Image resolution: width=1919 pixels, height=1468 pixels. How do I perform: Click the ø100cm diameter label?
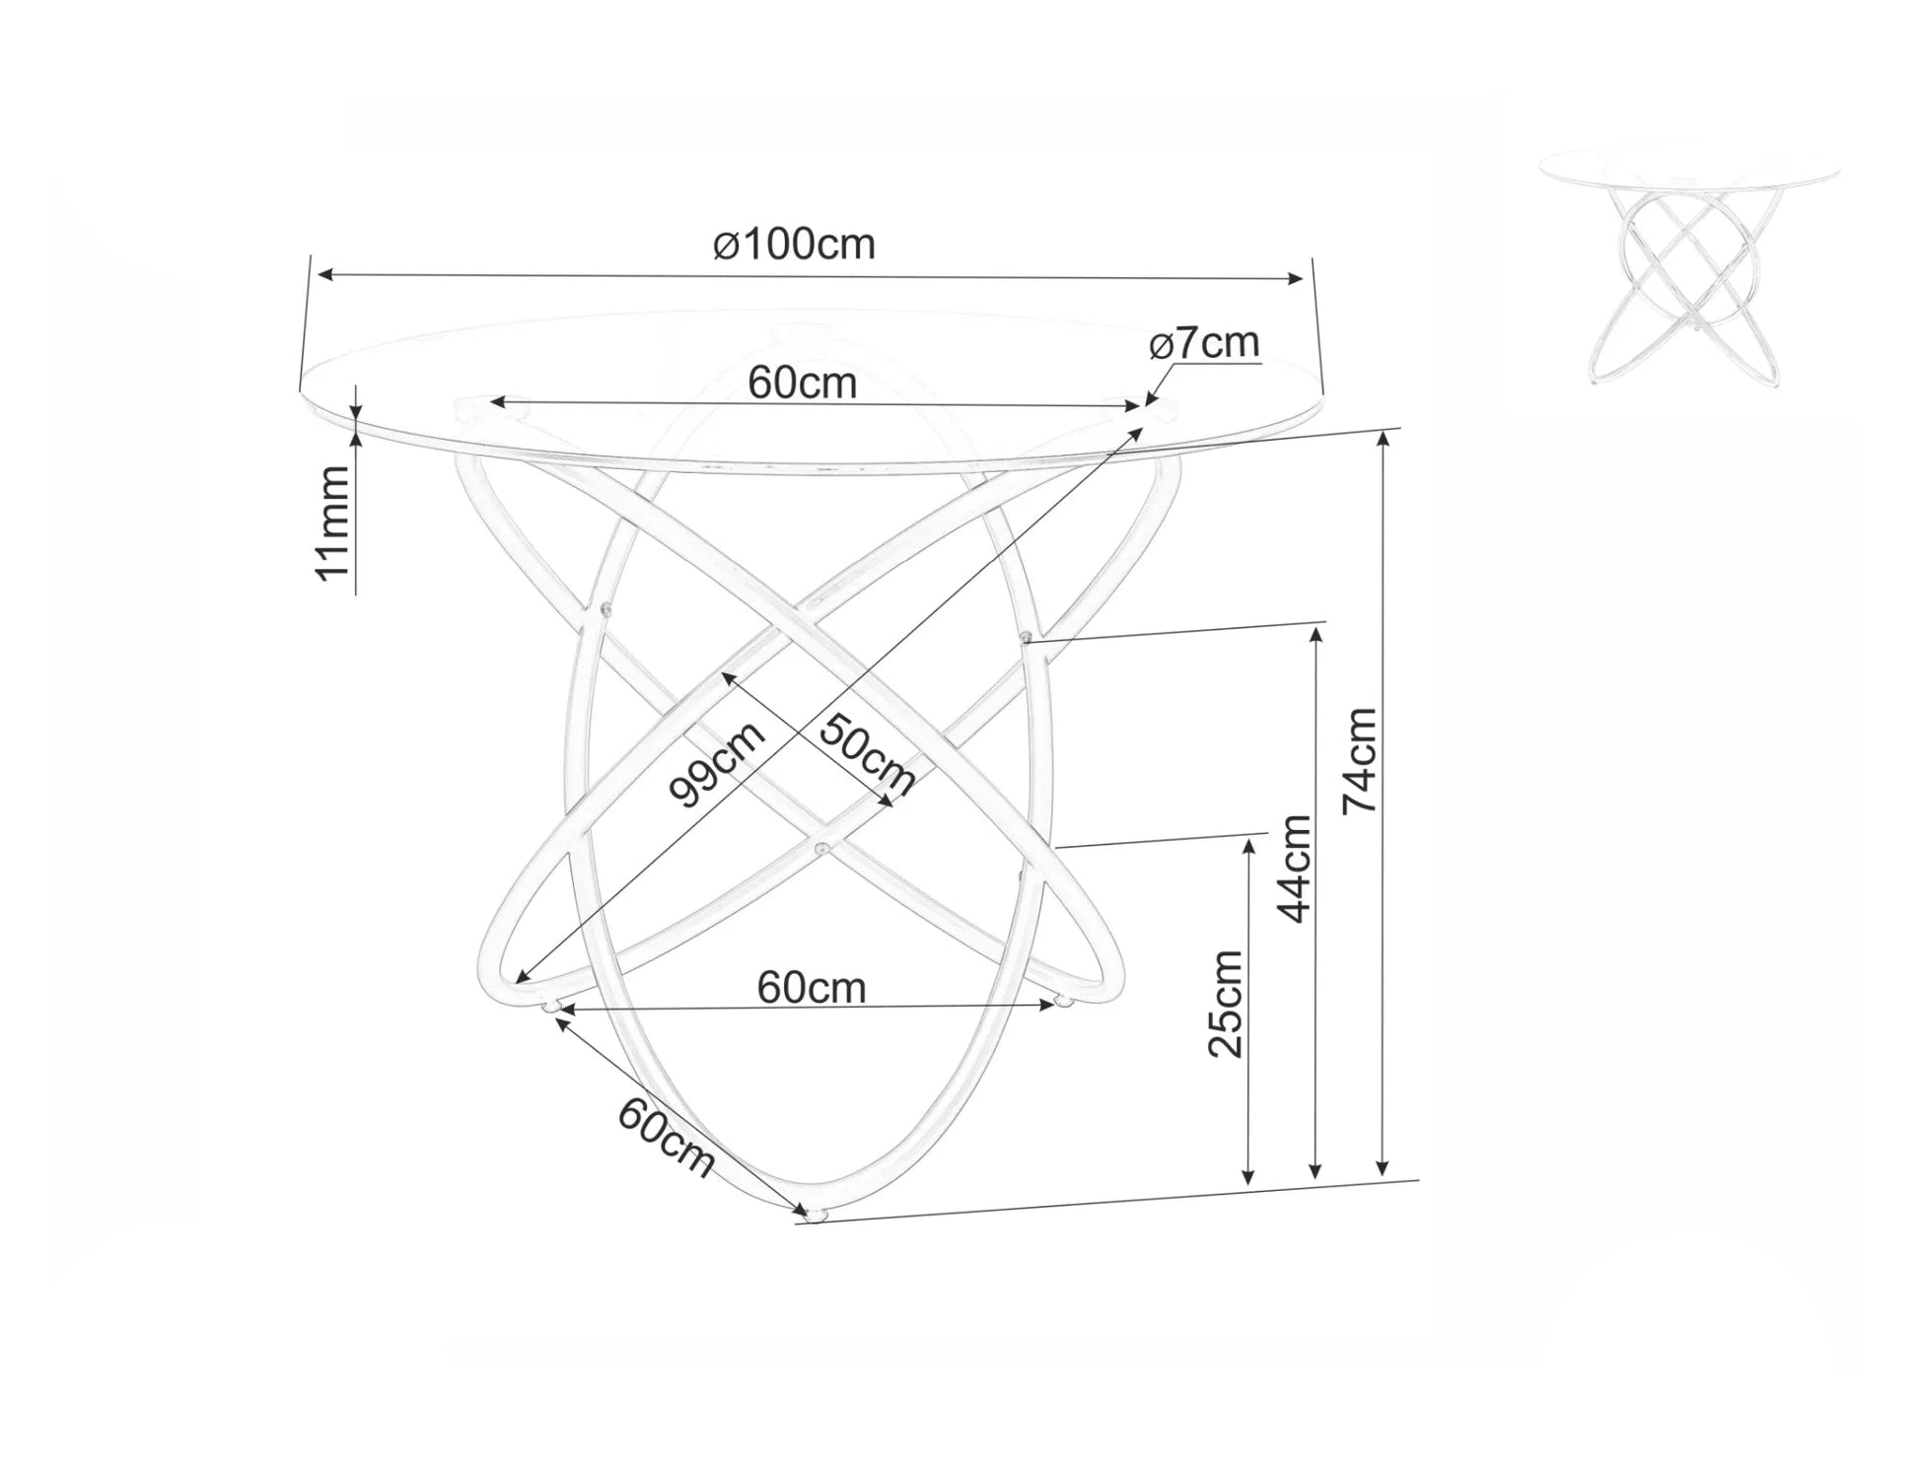click(794, 245)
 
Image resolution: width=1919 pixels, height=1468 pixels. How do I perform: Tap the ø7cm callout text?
click(1205, 343)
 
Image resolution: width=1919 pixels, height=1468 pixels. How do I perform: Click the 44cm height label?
click(1295, 868)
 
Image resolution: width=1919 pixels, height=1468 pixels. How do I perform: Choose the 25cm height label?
click(1226, 1004)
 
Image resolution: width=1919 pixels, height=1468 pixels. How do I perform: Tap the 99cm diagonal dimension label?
click(717, 764)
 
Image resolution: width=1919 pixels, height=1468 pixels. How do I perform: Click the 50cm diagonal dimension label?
click(867, 754)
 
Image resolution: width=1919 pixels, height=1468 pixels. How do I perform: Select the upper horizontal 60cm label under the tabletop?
click(802, 383)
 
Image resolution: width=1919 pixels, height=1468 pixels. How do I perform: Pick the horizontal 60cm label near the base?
click(812, 987)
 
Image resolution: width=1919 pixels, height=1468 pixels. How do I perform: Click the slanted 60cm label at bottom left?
click(666, 1137)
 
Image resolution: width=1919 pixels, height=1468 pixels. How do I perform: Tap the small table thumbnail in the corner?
click(1688, 266)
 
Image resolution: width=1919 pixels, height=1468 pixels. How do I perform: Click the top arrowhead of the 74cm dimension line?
click(1384, 440)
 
